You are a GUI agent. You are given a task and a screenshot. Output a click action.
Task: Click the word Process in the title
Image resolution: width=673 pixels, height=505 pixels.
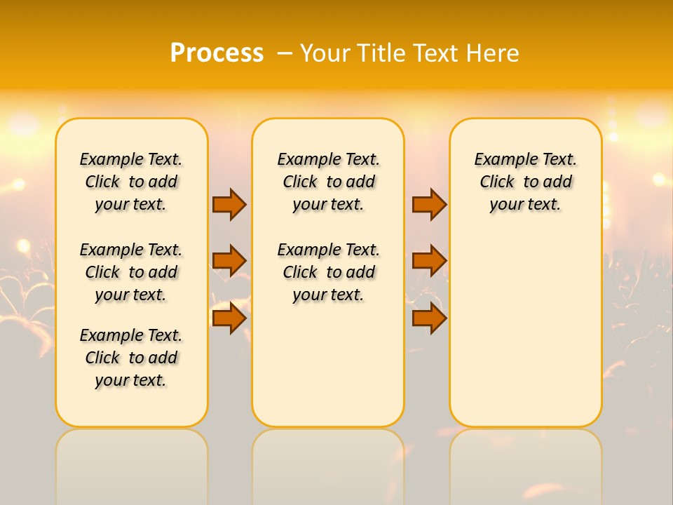coord(217,53)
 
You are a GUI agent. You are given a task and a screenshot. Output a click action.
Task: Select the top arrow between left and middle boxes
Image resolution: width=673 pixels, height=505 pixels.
coord(229,204)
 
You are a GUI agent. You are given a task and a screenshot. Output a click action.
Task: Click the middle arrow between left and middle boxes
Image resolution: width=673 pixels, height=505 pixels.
coord(229,261)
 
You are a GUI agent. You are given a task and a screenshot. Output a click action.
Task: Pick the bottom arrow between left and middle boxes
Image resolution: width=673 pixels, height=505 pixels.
coord(229,318)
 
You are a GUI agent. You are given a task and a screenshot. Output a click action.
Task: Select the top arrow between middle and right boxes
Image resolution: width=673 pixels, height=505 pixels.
coord(429,204)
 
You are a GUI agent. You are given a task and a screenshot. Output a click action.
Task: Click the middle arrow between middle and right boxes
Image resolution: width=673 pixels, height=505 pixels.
coord(429,261)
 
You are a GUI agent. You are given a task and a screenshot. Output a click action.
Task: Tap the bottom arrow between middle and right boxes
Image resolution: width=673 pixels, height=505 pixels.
coord(429,318)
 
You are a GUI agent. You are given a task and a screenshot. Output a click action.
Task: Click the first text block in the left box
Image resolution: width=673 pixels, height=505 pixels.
coord(131,182)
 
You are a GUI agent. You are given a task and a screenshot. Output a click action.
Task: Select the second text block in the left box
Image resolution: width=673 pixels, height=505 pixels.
coord(131,272)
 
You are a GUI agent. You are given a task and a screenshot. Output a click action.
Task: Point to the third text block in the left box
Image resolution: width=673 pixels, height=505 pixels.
coord(131,358)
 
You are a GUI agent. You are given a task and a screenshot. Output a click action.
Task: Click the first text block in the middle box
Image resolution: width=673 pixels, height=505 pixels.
coord(329,182)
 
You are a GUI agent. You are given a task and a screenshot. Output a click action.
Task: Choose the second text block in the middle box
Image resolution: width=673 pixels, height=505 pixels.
coord(329,272)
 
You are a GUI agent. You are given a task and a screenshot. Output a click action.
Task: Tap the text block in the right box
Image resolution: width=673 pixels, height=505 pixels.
coord(526,182)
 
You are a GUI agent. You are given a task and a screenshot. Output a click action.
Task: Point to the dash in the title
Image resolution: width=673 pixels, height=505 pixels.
coord(285,53)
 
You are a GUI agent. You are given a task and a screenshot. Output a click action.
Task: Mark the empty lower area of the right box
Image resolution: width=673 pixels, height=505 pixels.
coord(526,330)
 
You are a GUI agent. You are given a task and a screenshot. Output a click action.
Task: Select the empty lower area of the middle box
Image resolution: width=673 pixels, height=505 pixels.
coord(329,365)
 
